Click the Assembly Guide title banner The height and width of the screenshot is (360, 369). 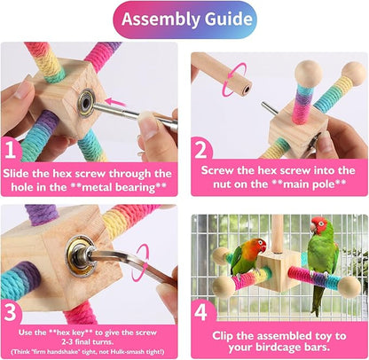point(184,19)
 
